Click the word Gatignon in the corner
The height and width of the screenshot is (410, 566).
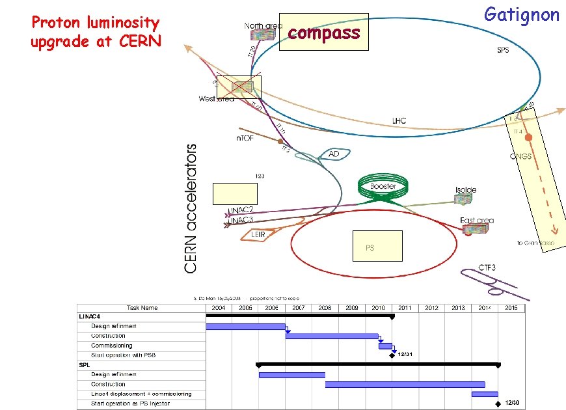pyautogui.click(x=522, y=14)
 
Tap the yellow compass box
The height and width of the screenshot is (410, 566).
pyautogui.click(x=323, y=32)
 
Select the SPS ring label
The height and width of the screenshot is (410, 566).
pyautogui.click(x=503, y=50)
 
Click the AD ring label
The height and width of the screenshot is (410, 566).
pyautogui.click(x=334, y=154)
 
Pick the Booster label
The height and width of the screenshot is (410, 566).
pyautogui.click(x=383, y=186)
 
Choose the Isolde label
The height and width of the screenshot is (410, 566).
pyautogui.click(x=466, y=189)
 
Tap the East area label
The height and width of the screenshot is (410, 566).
pyautogui.click(x=476, y=221)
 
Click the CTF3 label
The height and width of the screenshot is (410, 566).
pyautogui.click(x=487, y=267)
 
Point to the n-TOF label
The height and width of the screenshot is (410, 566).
pyautogui.click(x=245, y=138)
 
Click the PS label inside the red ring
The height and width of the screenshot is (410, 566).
pyautogui.click(x=369, y=247)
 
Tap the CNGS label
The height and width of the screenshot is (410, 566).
pyautogui.click(x=520, y=156)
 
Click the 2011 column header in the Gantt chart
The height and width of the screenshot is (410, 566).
pyautogui.click(x=405, y=307)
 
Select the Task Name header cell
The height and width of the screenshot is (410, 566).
pyautogui.click(x=141, y=307)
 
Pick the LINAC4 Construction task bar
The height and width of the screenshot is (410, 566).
pyautogui.click(x=332, y=336)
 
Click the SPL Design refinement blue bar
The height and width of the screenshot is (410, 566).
pyautogui.click(x=291, y=374)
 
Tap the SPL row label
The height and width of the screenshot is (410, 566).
pyautogui.click(x=85, y=365)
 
